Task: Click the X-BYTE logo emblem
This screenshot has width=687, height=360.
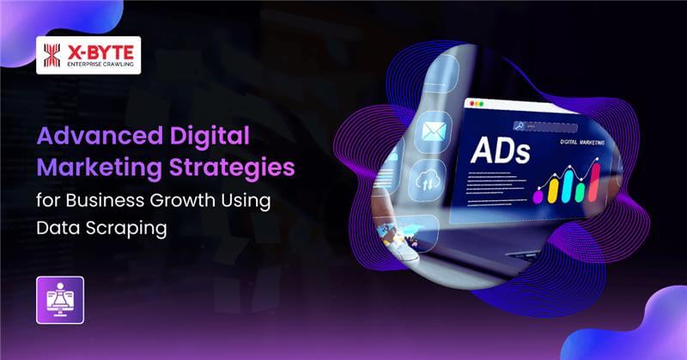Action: click(x=52, y=56)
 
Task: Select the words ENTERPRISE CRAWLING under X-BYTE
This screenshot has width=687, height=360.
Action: click(x=100, y=65)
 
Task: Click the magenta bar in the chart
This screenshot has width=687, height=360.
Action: click(x=538, y=195)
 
